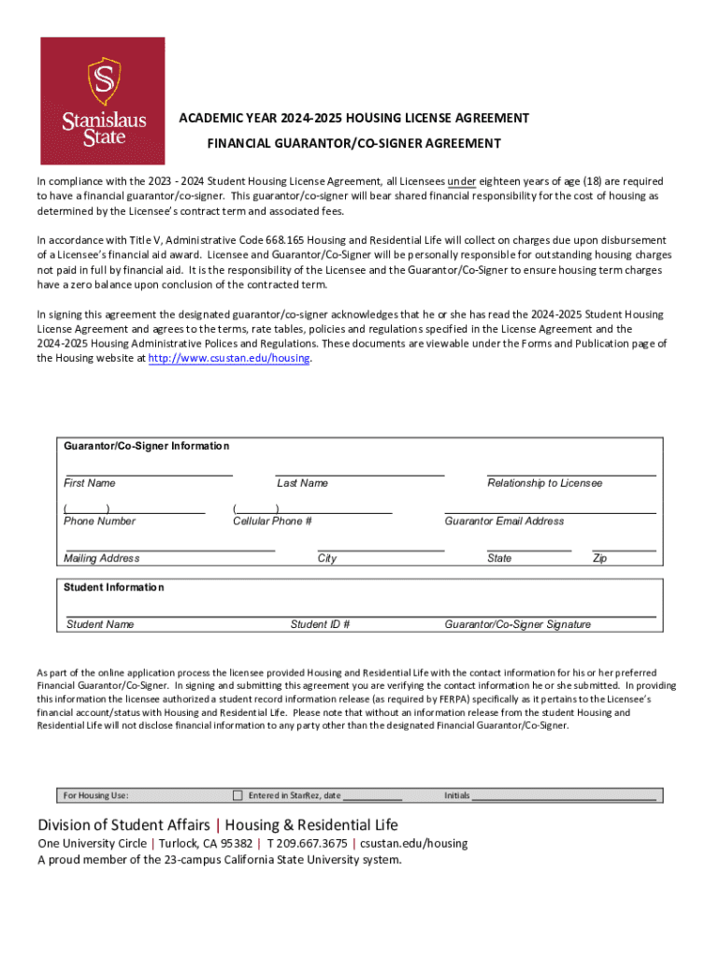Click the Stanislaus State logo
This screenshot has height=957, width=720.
[103, 101]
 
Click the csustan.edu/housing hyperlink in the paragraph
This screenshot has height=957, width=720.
[229, 358]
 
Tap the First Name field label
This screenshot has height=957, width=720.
[90, 483]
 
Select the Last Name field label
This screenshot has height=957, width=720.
[302, 483]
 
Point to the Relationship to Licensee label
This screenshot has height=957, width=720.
[544, 483]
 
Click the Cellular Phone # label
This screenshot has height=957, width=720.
[272, 521]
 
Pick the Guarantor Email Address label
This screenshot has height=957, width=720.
[504, 521]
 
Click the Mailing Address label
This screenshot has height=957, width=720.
[101, 558]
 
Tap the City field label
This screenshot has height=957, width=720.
[327, 558]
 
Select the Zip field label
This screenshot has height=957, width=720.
[599, 558]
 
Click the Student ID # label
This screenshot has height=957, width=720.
[320, 624]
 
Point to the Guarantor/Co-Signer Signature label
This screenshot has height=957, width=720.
[517, 624]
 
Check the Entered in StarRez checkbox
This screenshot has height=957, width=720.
[237, 795]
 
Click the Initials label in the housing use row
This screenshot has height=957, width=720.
[456, 795]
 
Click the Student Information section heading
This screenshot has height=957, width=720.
[113, 587]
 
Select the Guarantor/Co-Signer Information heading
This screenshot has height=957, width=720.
[146, 446]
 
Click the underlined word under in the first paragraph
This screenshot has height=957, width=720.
[462, 181]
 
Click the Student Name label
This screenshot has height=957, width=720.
[100, 624]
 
